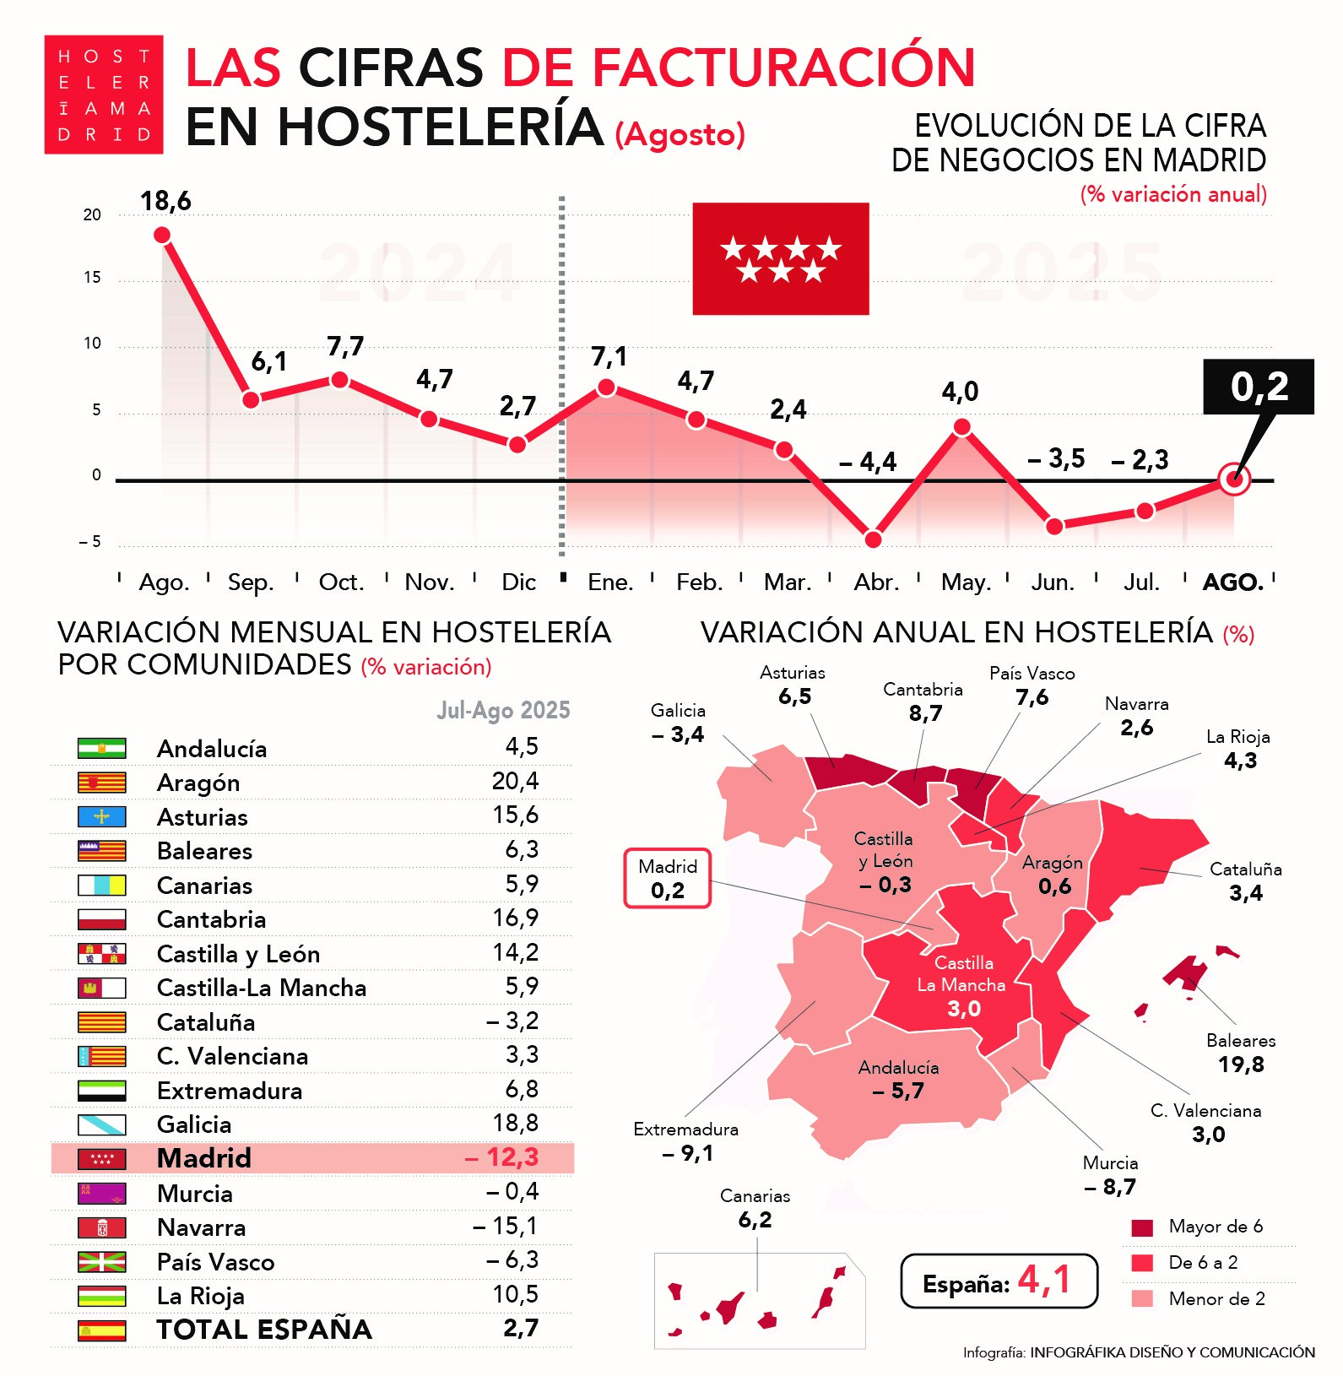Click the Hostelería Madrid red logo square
[x=103, y=95]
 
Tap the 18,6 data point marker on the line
[x=162, y=235]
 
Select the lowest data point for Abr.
[x=873, y=539]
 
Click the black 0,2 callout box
[x=1258, y=387]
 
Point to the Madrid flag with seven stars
[x=780, y=259]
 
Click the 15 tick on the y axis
[x=92, y=278]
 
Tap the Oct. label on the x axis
[x=341, y=582]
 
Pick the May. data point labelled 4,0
[x=961, y=427]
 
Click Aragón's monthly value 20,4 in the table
[x=515, y=782]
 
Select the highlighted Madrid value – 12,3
[x=502, y=1157]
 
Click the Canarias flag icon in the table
[x=102, y=886]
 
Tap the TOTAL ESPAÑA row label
[x=264, y=1330]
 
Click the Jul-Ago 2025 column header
[x=503, y=710]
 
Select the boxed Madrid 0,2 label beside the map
[x=667, y=879]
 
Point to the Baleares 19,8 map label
[x=1240, y=1053]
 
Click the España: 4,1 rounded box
[x=999, y=1281]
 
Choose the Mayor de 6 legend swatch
[x=1142, y=1227]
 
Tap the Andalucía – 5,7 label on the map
[x=898, y=1079]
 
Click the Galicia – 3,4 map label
[x=678, y=723]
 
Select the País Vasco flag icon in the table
[x=102, y=1262]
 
